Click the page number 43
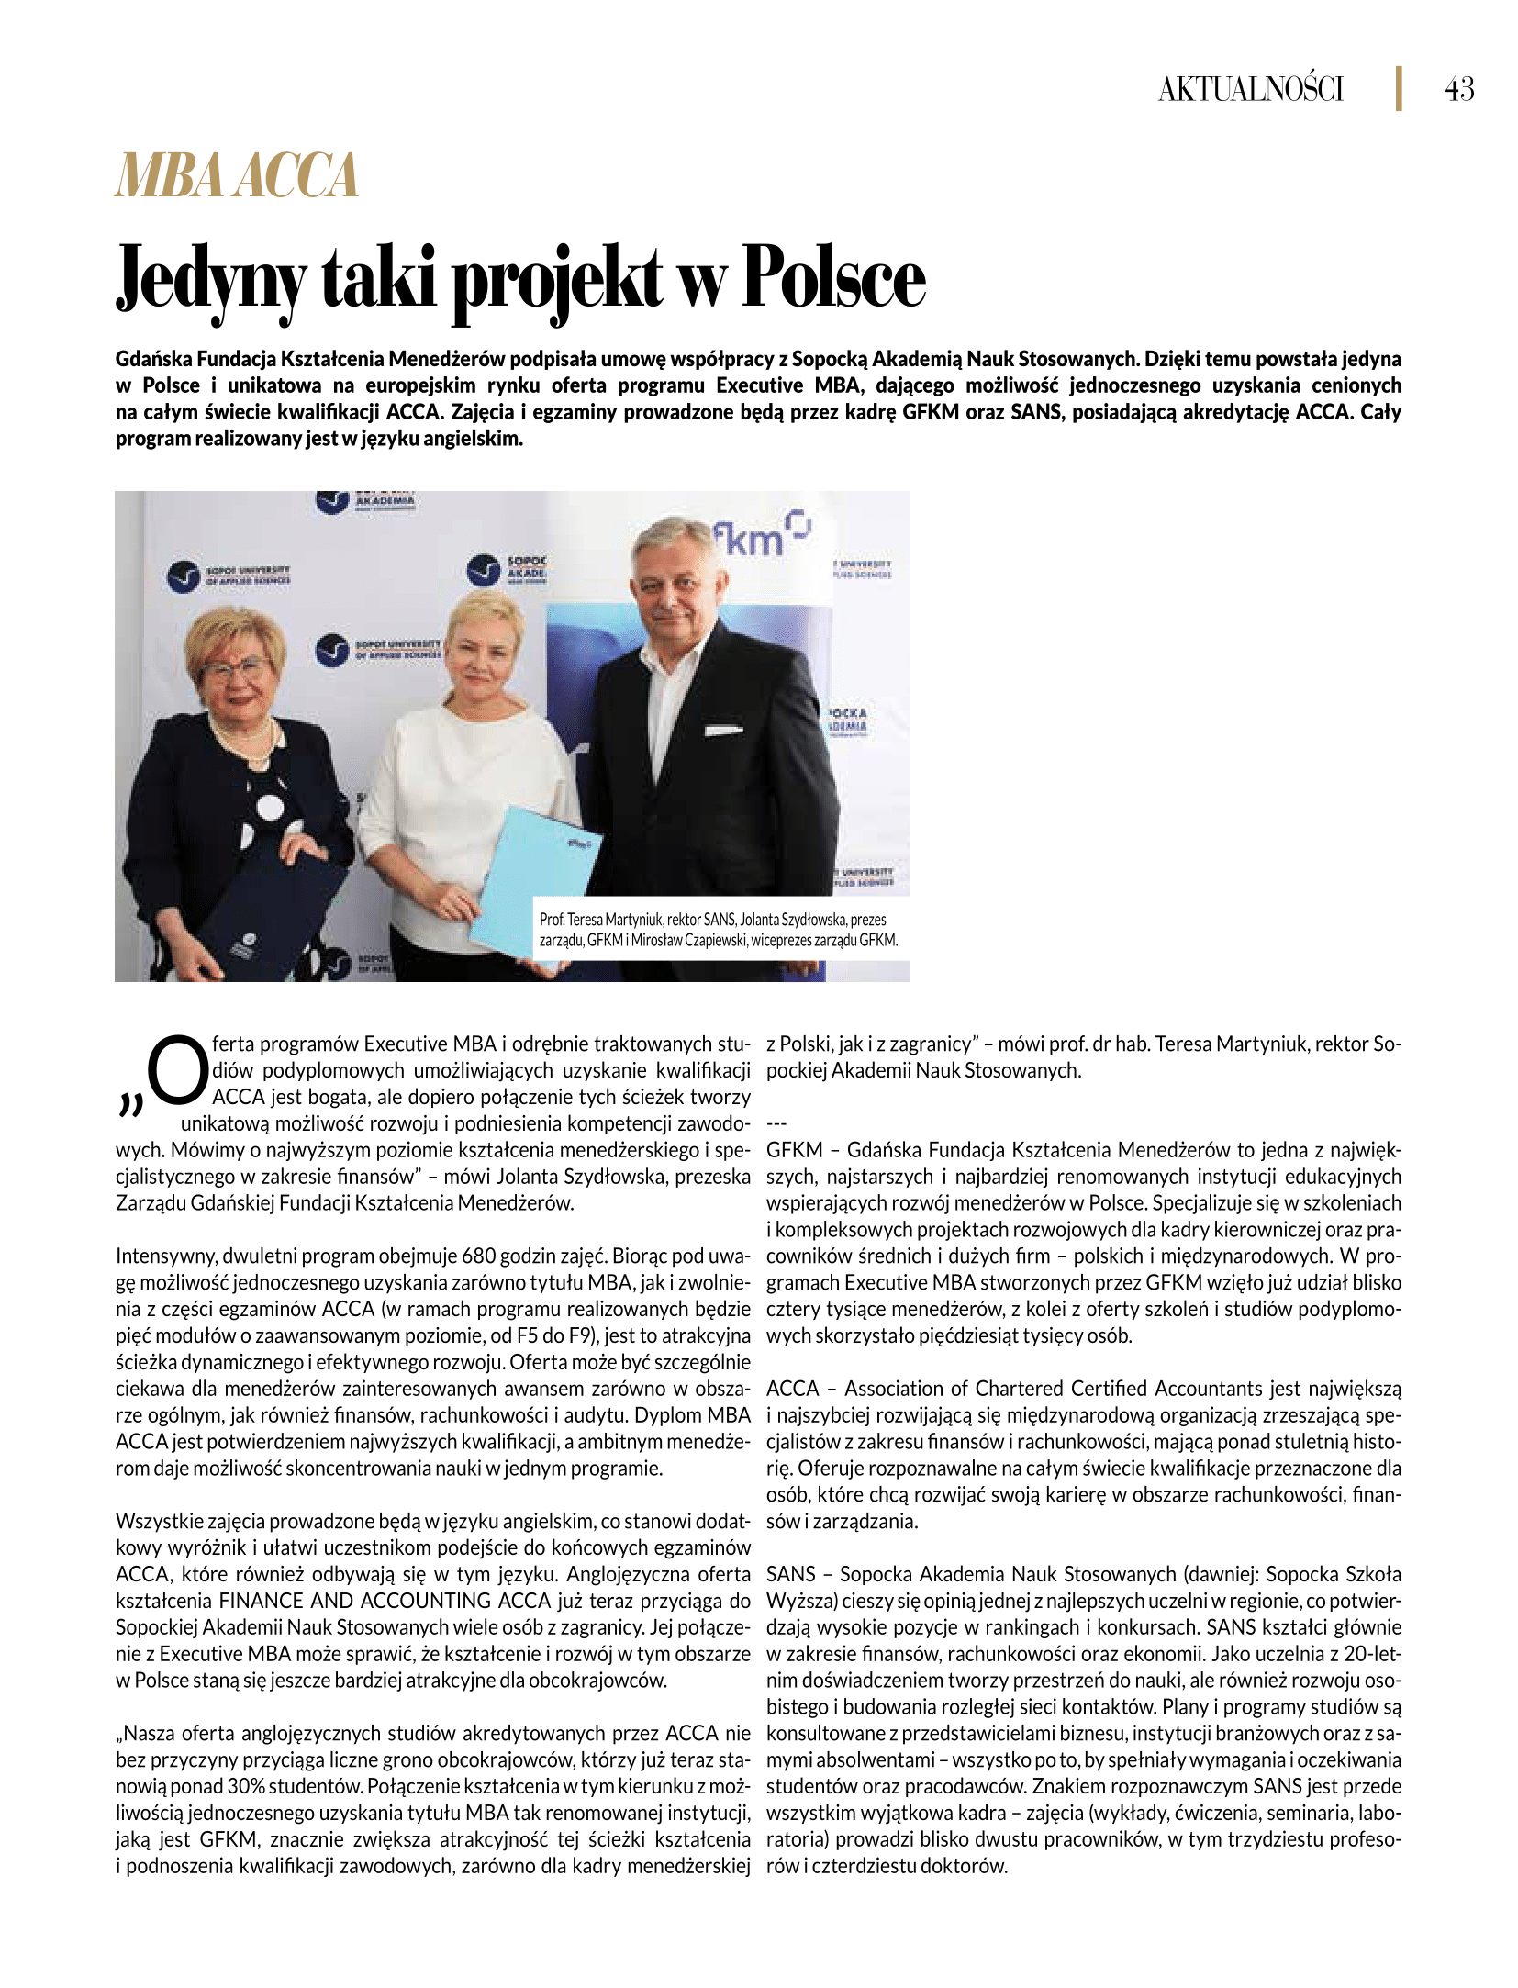click(x=1459, y=89)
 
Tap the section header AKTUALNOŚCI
click(x=1250, y=89)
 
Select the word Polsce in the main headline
click(x=833, y=278)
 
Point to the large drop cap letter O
click(x=177, y=1071)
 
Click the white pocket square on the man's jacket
click(x=722, y=731)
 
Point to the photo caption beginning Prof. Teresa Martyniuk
click(x=718, y=929)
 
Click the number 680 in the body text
click(x=479, y=1256)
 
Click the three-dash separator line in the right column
click(x=776, y=1123)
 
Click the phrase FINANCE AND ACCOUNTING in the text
click(x=355, y=1601)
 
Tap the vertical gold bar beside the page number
click(x=1399, y=89)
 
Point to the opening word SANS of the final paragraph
click(x=790, y=1574)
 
